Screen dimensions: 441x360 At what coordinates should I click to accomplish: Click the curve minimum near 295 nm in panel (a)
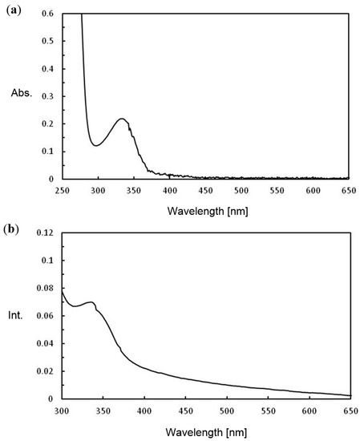(95, 145)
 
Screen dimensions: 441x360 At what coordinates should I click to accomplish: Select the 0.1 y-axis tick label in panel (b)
(49, 261)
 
